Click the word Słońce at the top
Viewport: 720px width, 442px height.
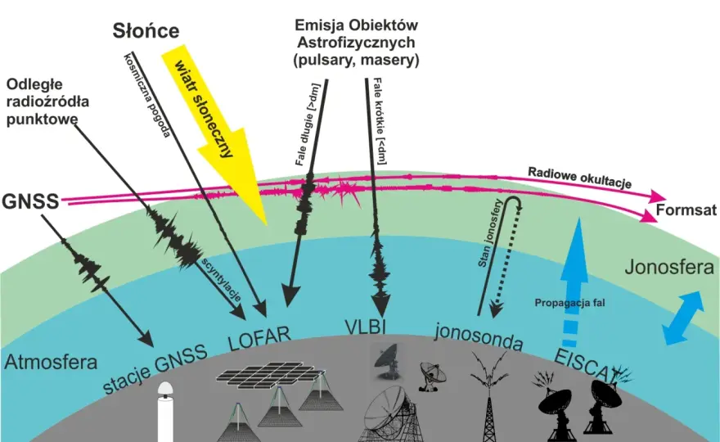pos(146,31)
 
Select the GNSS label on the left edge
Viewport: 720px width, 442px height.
pos(30,201)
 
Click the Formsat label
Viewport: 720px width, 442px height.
pos(686,210)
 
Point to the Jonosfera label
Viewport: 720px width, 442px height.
pos(669,267)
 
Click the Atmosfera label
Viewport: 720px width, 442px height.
pos(51,363)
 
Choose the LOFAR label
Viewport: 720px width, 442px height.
pos(259,338)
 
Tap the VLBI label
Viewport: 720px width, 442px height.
pos(365,327)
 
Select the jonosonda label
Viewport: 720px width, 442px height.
pos(479,336)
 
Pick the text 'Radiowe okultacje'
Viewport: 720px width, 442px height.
pos(579,178)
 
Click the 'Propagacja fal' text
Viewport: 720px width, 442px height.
pos(569,303)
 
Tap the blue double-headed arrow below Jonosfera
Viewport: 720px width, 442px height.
pos(683,318)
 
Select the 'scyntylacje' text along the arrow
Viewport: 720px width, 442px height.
pos(221,279)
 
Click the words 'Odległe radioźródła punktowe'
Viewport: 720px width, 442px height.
pos(47,101)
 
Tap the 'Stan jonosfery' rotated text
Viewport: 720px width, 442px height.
pos(490,233)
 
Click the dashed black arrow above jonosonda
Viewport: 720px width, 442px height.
pos(506,263)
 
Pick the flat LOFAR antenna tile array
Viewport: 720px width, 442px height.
pos(272,375)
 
